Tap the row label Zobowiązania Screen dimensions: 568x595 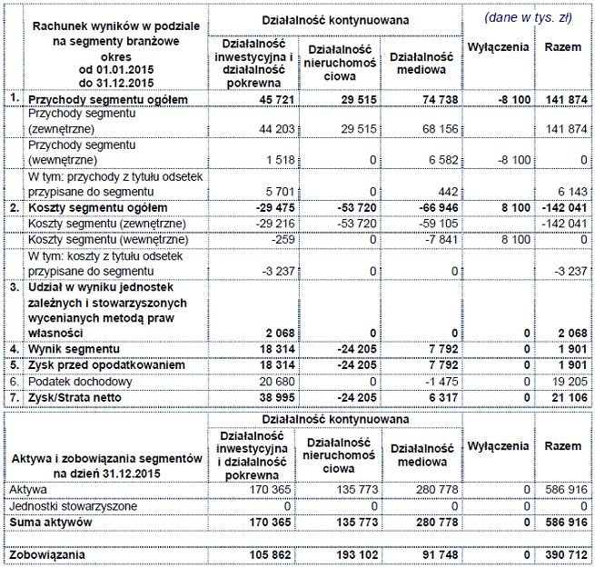coord(49,553)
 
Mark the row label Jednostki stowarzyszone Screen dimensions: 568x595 coord(74,505)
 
